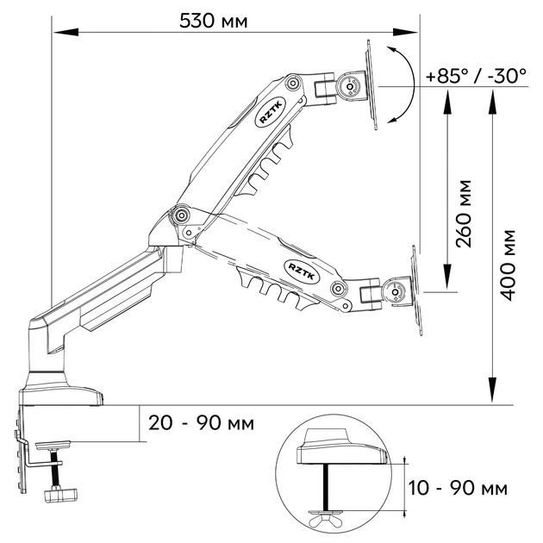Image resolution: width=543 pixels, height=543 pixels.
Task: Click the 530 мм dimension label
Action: click(x=214, y=21)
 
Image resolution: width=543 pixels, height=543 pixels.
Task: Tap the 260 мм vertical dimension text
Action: click(x=464, y=214)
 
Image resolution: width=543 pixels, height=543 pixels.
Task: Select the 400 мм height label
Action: click(x=508, y=265)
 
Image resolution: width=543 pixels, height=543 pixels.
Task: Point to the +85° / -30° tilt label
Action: click(x=476, y=76)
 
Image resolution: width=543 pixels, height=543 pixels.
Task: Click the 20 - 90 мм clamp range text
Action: click(x=201, y=423)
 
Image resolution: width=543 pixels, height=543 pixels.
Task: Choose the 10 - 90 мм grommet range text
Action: click(x=458, y=488)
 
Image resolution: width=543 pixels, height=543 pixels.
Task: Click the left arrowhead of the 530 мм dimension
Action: click(x=66, y=32)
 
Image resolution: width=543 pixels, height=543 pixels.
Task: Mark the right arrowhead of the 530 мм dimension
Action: click(x=405, y=32)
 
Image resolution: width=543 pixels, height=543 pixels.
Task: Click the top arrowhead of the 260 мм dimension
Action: click(x=447, y=103)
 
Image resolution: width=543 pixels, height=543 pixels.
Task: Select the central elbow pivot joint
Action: click(x=181, y=215)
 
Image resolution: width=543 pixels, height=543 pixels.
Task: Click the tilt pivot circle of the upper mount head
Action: click(x=350, y=86)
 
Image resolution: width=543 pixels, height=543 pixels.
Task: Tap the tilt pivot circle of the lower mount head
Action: click(x=395, y=292)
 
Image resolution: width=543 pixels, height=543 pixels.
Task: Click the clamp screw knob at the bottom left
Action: click(x=61, y=494)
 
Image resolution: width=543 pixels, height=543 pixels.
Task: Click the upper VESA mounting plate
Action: click(x=372, y=84)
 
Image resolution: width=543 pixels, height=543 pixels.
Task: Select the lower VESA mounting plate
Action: click(x=416, y=290)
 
